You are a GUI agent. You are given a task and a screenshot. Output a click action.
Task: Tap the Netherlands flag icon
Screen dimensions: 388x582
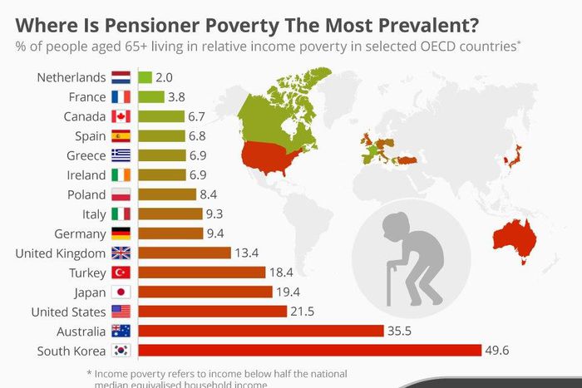click(x=121, y=78)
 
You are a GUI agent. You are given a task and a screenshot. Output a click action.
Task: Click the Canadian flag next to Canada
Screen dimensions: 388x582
click(x=121, y=117)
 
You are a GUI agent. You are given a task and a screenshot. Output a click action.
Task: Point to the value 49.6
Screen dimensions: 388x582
click(x=501, y=351)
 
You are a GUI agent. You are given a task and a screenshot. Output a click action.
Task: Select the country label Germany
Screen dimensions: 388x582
click(x=79, y=233)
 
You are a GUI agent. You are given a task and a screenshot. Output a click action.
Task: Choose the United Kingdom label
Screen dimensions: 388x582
click(x=60, y=253)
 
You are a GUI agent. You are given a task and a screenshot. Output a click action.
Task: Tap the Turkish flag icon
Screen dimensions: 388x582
click(x=121, y=273)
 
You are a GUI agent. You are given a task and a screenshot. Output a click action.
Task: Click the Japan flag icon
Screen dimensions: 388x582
click(x=121, y=292)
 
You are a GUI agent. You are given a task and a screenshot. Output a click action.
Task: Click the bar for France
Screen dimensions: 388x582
click(x=151, y=97)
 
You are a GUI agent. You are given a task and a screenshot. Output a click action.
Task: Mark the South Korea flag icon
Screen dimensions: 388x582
click(x=121, y=351)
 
